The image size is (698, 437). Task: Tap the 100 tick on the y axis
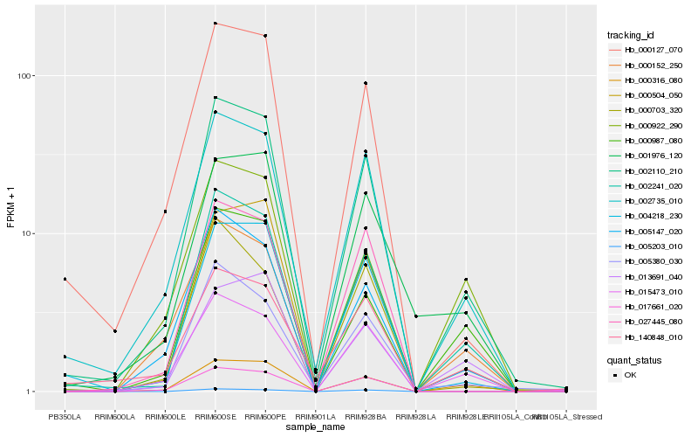pyautogui.click(x=24, y=76)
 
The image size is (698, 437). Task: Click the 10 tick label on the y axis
pyautogui.click(x=27, y=234)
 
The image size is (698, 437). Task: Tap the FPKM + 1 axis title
pyautogui.click(x=10, y=209)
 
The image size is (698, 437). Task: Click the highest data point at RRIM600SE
pyautogui.click(x=216, y=24)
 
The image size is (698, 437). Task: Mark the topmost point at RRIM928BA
pyautogui.click(x=366, y=83)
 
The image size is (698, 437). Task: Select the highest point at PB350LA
pyautogui.click(x=65, y=279)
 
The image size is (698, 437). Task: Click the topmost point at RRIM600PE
pyautogui.click(x=265, y=36)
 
